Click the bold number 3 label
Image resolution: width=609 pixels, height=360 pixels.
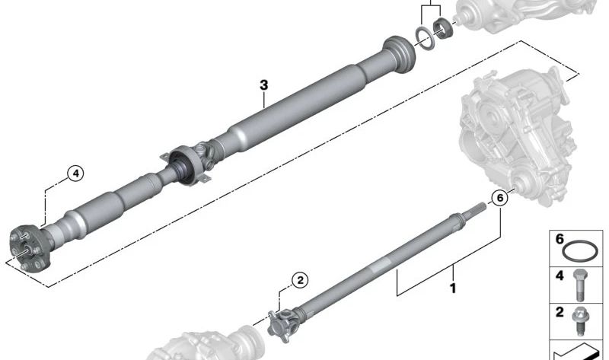click(263, 85)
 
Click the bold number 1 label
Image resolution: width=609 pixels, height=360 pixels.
click(453, 288)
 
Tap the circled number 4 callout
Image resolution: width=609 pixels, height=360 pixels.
click(75, 174)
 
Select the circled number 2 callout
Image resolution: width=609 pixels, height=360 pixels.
click(300, 280)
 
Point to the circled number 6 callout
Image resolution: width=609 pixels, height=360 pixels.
click(500, 198)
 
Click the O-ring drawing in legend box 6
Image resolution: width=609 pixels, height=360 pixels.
click(579, 252)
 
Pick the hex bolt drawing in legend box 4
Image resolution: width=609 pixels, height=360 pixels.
click(580, 285)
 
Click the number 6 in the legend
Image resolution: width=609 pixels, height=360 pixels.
click(560, 239)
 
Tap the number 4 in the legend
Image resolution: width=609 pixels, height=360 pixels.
click(560, 276)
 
